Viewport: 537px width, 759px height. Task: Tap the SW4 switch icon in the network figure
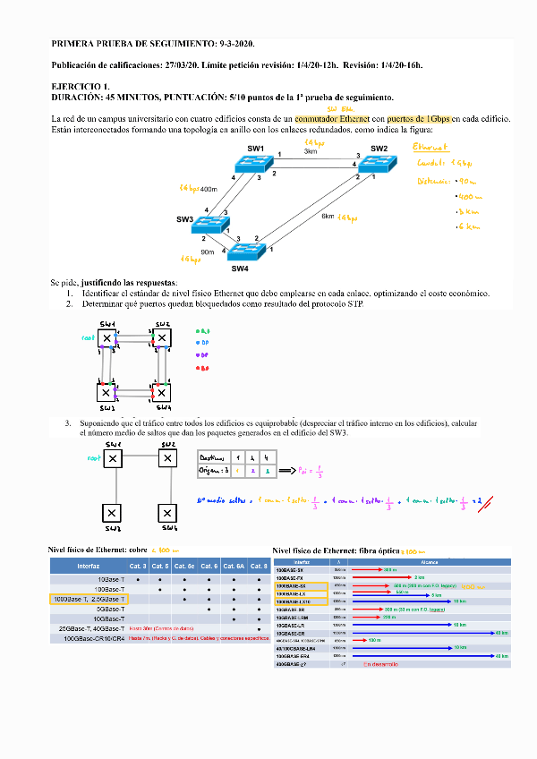tap(241, 253)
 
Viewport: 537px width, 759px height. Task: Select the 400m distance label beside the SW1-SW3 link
tap(209, 189)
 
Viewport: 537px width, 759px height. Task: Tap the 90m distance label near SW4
tap(208, 252)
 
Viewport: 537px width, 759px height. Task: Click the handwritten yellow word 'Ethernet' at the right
tap(430, 147)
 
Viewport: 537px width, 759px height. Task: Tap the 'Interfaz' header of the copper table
tap(89, 566)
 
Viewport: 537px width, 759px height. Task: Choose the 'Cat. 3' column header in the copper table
tap(137, 566)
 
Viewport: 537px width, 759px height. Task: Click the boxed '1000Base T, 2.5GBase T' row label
tap(88, 598)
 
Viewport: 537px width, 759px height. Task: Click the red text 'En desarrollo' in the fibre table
tap(379, 664)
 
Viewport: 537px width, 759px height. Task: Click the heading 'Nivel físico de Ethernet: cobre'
tap(98, 550)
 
